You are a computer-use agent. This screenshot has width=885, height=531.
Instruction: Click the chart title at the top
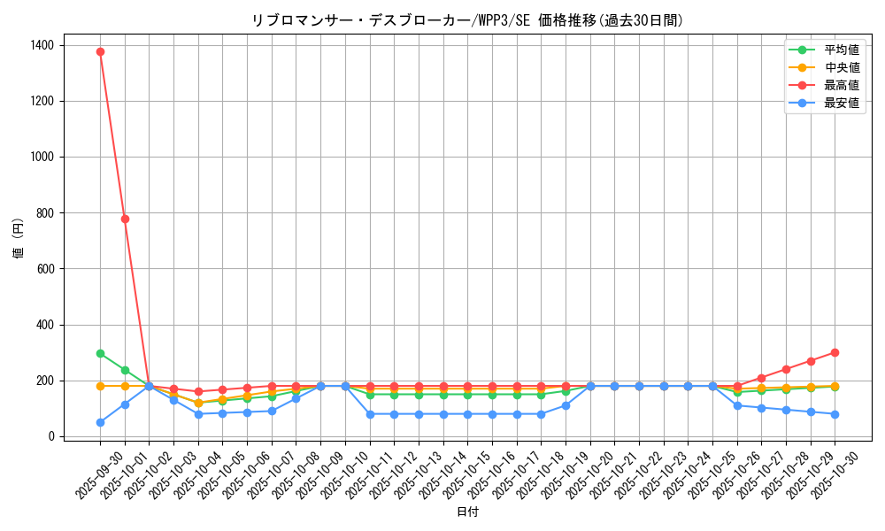pyautogui.click(x=467, y=20)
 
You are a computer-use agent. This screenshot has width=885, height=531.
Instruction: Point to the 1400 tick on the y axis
pyautogui.click(x=42, y=45)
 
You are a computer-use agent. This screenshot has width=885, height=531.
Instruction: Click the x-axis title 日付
pyautogui.click(x=467, y=512)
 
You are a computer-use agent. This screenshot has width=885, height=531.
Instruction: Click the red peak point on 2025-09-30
pyautogui.click(x=100, y=51)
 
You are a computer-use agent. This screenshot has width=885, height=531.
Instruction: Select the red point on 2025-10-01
pyautogui.click(x=125, y=219)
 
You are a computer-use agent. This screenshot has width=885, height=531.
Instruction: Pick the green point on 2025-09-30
pyautogui.click(x=100, y=353)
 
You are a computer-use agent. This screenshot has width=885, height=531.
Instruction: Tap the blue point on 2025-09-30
pyautogui.click(x=100, y=422)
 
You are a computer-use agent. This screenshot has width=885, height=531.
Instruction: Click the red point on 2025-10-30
pyautogui.click(x=835, y=352)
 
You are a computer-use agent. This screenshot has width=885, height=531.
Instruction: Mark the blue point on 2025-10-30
pyautogui.click(x=835, y=414)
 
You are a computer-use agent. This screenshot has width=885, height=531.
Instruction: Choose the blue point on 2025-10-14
pyautogui.click(x=443, y=414)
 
